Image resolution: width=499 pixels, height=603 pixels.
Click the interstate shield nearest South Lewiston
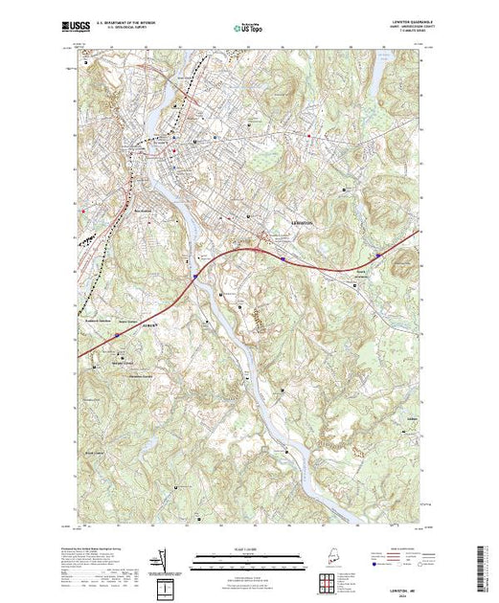click(380, 256)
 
